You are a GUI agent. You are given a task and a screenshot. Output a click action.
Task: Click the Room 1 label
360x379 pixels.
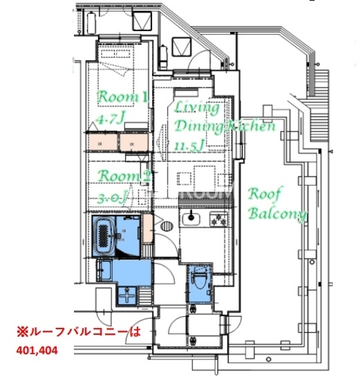click(122, 97)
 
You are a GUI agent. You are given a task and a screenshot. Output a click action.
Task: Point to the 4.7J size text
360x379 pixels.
click(110, 119)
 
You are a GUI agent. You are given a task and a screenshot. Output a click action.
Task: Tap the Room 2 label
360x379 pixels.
click(124, 177)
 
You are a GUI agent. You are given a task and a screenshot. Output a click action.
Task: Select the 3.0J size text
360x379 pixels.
click(113, 199)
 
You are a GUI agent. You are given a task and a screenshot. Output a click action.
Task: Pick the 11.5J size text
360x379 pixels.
click(189, 146)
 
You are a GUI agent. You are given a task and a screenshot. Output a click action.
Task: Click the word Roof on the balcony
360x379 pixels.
click(264, 193)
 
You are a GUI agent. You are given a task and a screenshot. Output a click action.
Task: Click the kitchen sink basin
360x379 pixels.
click(189, 221)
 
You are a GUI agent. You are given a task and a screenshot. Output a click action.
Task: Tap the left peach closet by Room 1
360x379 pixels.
click(102, 143)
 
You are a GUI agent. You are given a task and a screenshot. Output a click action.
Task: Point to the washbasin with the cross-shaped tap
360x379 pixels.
click(127, 295)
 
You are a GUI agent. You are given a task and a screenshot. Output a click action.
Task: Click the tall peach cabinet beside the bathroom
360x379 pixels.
click(147, 228)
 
